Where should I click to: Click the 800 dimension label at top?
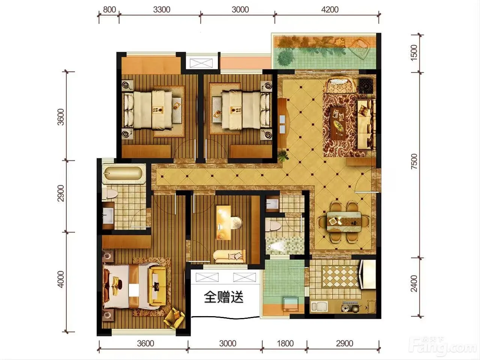pos(109,10)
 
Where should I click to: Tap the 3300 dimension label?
pos(162,10)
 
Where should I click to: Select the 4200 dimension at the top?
pos(330,10)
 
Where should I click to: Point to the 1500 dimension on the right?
pos(414,53)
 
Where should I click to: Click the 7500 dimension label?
pos(414,161)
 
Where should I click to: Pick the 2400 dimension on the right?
pos(414,284)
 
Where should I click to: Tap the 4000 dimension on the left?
pos(61,279)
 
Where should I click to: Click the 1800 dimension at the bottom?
pos(285,344)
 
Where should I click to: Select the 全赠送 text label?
pos(223,297)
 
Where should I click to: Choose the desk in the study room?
pos(224,223)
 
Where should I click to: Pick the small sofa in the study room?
pos(229,257)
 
